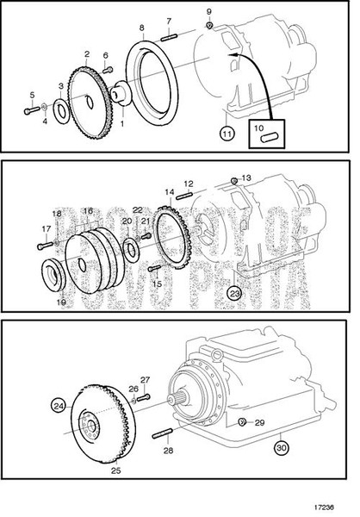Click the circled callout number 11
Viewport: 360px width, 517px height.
point(226,134)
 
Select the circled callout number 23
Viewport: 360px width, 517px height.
point(233,294)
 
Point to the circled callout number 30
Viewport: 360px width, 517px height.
point(281,447)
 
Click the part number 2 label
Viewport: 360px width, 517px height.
point(88,53)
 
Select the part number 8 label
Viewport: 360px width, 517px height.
point(142,28)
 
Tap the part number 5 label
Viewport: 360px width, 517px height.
point(32,95)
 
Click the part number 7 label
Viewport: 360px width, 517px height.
point(169,21)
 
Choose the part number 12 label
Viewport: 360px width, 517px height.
point(189,184)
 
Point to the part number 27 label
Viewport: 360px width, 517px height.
point(145,379)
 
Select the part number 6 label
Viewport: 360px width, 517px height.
point(106,56)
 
